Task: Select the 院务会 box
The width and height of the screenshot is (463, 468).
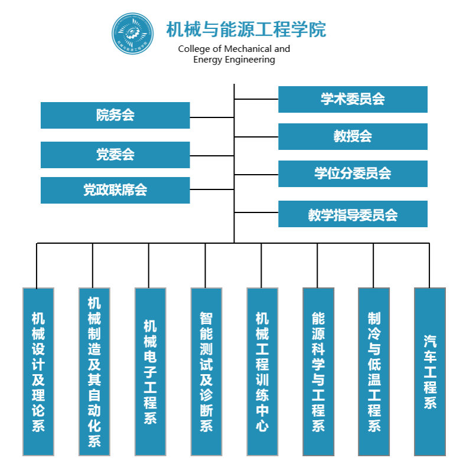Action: click(115, 115)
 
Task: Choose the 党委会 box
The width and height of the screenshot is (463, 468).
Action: click(115, 155)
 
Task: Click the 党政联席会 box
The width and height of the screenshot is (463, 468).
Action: click(115, 190)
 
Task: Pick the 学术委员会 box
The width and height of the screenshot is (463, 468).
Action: click(353, 99)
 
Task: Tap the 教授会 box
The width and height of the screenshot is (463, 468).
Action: click(353, 136)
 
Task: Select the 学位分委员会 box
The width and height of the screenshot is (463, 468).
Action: click(353, 174)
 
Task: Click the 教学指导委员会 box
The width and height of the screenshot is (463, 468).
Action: click(353, 214)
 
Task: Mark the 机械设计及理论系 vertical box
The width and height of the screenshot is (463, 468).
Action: click(38, 372)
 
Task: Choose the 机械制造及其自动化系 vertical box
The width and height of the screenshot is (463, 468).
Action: click(94, 372)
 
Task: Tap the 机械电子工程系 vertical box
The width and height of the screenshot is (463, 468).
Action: click(150, 372)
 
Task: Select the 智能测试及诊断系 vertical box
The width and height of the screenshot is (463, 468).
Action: click(206, 372)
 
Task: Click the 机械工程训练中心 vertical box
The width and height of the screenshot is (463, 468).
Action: click(262, 372)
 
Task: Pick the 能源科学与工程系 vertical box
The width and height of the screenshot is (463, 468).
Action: click(318, 372)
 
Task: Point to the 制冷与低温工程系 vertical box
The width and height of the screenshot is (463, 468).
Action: click(374, 372)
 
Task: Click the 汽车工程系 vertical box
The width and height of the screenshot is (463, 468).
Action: click(430, 372)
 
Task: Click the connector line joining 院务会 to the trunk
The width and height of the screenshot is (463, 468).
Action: click(212, 117)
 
